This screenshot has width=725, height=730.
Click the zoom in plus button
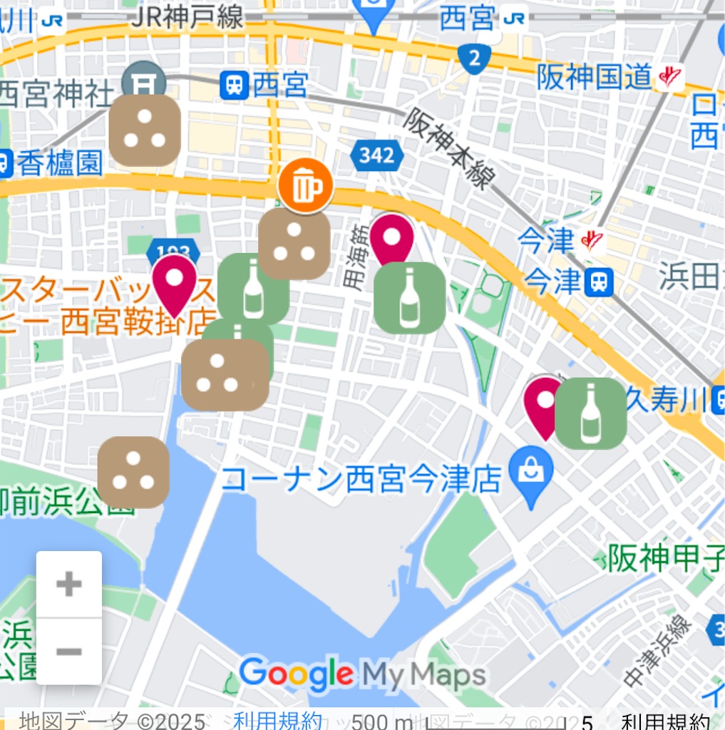pos(69,585)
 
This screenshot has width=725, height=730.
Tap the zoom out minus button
pos(69,652)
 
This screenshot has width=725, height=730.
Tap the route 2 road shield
pos(474,58)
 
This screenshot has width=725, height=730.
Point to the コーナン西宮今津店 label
pos(359,479)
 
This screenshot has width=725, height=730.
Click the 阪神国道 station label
pos(595,76)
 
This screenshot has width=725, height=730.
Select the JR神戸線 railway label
pos(187,17)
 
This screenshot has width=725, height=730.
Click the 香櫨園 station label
pos(60,164)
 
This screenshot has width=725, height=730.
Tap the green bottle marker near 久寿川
pos(590,413)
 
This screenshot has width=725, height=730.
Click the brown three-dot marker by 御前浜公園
pos(133,473)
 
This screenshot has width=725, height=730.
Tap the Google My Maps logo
pos(363,673)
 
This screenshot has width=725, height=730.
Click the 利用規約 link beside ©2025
pos(277,721)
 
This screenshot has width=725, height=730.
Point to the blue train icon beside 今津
pos(598,282)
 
